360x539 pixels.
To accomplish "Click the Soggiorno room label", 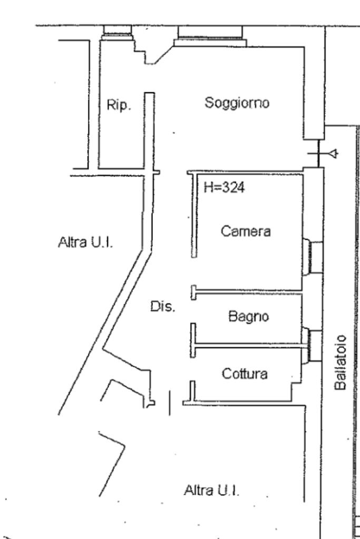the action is click(237, 103).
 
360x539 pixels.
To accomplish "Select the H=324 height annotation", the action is click(225, 188).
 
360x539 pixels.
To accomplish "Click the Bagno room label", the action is click(248, 317).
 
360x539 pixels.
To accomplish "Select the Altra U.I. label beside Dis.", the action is click(86, 243).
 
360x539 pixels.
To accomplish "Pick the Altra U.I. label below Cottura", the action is click(211, 491).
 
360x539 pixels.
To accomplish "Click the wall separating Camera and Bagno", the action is click(248, 290).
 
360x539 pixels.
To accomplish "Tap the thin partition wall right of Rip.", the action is click(150, 132).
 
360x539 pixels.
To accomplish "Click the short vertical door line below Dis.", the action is click(169, 403).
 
